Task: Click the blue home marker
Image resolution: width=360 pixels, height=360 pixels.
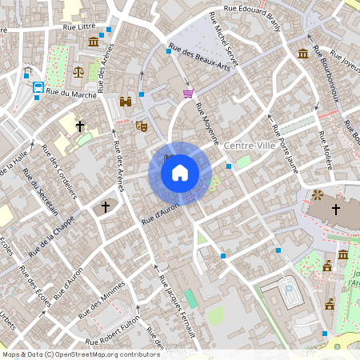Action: click(180, 172)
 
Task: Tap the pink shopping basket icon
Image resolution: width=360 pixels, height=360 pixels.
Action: click(188, 94)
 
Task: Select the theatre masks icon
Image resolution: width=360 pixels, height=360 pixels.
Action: click(142, 125)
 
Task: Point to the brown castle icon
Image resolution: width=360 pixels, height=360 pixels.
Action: click(125, 102)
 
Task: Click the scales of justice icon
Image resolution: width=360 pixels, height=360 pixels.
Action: click(78, 71)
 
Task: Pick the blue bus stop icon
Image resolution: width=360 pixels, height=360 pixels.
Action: click(38, 88)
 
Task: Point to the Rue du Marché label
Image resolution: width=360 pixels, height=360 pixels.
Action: click(72, 94)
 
